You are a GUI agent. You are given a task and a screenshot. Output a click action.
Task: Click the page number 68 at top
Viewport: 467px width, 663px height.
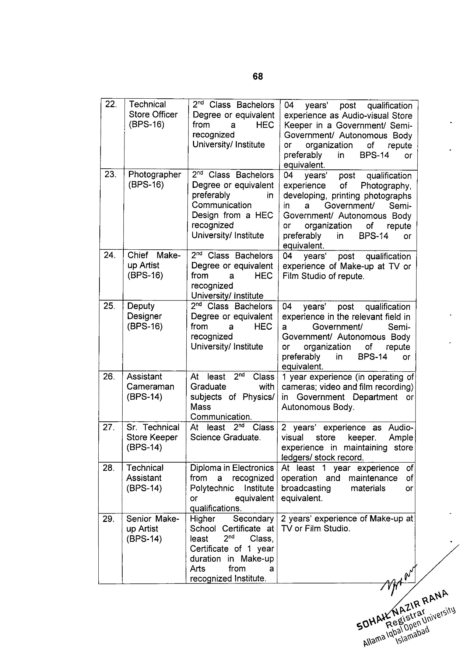click(258, 77)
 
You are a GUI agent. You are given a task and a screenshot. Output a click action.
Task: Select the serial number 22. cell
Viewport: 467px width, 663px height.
click(111, 105)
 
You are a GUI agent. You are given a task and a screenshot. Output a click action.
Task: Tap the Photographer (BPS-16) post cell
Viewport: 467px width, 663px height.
click(154, 179)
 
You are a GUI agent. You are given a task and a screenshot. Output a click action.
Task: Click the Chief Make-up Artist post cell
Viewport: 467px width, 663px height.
click(154, 265)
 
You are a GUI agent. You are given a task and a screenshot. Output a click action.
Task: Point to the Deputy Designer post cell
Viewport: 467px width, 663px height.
click(144, 316)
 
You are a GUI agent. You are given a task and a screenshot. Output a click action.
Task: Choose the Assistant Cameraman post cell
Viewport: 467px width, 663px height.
click(150, 387)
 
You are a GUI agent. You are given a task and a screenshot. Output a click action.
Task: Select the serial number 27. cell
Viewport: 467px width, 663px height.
click(109, 427)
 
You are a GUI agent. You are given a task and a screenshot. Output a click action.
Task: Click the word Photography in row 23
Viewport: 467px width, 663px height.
click(386, 186)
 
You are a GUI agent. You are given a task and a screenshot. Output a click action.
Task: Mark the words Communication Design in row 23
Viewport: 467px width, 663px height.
click(221, 210)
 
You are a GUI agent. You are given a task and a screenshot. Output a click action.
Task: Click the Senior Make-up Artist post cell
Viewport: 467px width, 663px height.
click(152, 529)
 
